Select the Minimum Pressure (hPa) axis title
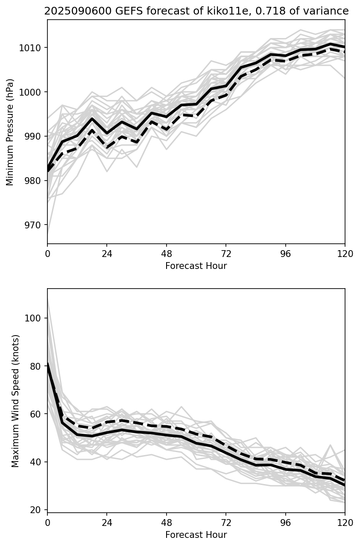10,132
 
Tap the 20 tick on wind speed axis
38,510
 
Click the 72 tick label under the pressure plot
226,254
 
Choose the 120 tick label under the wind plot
345,523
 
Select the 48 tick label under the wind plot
167,523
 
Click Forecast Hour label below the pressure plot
196,266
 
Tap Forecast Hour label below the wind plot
196,535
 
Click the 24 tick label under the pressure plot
107,254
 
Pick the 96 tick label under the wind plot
285,523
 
